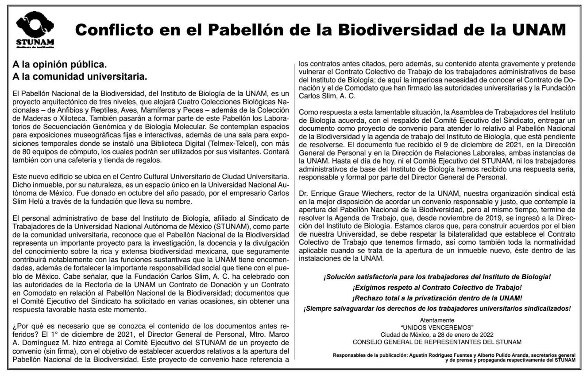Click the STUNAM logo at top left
36,30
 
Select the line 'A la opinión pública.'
60,65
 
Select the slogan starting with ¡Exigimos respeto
437,287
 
